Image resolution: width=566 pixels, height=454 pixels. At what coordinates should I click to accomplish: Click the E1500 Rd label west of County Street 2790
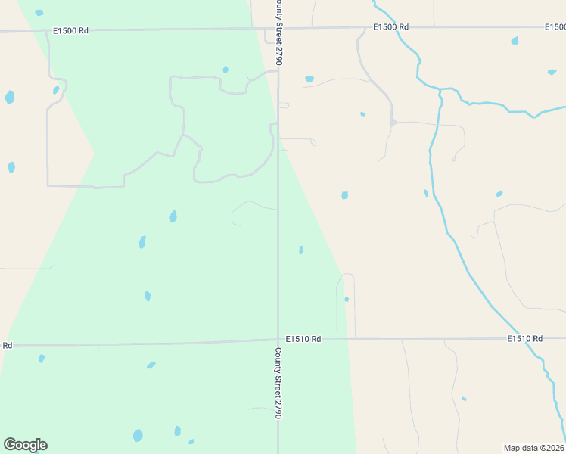point(70,30)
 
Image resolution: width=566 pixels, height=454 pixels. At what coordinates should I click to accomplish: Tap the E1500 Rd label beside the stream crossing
point(390,27)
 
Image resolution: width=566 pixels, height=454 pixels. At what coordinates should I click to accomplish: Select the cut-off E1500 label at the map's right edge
point(555,27)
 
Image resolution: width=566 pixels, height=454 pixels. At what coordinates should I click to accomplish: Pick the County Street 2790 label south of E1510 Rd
point(278,384)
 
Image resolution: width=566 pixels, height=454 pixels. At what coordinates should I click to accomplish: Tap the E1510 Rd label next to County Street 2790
point(303,339)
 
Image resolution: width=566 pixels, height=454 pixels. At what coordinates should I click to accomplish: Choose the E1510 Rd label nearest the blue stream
point(525,338)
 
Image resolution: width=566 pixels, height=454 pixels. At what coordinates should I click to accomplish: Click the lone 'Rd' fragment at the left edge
point(7,345)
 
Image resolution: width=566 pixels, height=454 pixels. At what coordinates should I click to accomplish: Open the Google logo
point(25,445)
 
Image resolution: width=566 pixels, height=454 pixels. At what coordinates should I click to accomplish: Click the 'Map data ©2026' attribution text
point(534,448)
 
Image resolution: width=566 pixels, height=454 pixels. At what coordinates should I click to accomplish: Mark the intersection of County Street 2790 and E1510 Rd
point(278,340)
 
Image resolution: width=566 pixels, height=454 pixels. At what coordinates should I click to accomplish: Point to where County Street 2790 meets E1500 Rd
point(272,30)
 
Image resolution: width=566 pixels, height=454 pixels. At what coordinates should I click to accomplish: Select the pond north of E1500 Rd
point(39,13)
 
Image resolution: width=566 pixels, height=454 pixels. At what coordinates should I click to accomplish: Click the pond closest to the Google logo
point(138,436)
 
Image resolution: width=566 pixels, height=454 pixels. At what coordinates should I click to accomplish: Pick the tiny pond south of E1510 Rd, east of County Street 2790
point(463,399)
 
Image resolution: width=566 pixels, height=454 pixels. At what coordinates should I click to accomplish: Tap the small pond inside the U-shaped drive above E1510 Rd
point(347,300)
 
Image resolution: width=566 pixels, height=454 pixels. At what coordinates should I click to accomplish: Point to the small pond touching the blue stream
point(426,193)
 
